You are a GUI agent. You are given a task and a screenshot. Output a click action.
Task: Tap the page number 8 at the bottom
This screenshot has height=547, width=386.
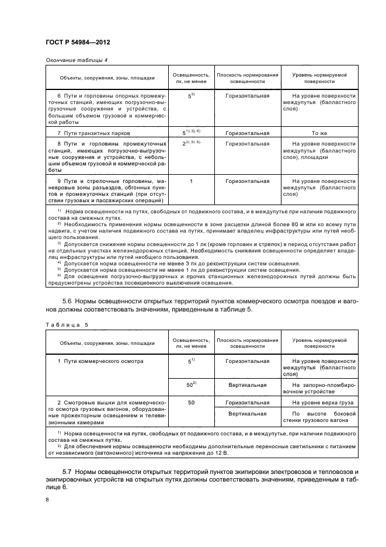[47, 500]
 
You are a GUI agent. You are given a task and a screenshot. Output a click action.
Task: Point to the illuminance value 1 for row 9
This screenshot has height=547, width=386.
[191, 182]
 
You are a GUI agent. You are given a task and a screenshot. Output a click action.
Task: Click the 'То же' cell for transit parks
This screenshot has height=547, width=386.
[319, 133]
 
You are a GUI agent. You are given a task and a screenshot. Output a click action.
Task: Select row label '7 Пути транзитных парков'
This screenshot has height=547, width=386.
[88, 133]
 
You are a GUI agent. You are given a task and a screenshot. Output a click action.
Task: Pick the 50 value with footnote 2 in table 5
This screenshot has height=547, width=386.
[190, 385]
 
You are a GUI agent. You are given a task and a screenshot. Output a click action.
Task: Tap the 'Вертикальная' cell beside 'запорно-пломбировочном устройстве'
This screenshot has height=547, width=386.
[248, 385]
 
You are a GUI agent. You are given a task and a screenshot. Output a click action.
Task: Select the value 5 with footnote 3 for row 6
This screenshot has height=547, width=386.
[191, 95]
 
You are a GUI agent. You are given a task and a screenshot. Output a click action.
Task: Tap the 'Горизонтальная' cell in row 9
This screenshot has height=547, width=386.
[248, 182]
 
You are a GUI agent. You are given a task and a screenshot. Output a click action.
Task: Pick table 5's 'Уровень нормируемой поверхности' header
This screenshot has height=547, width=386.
[319, 342]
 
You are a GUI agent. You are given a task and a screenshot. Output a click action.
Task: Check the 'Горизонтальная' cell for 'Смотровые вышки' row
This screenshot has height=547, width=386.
[248, 403]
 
